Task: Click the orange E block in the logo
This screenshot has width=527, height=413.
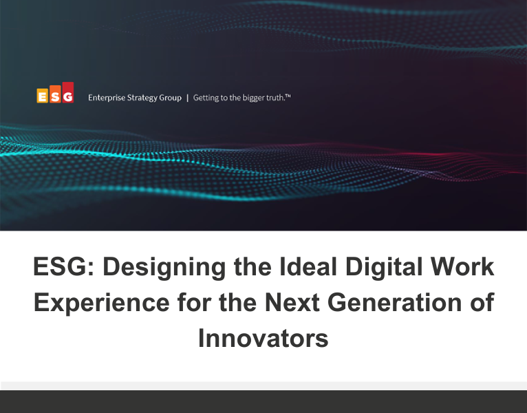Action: [x=43, y=96]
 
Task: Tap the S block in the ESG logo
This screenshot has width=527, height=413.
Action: [x=54, y=97]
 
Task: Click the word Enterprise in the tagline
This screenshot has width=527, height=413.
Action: [x=106, y=98]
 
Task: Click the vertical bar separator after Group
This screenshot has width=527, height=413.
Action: [x=187, y=98]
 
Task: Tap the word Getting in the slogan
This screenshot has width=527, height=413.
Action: [x=206, y=98]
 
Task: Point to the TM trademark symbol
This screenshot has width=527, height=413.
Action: [x=288, y=96]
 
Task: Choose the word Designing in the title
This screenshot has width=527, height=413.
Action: [x=162, y=266]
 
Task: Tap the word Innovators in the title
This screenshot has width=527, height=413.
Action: [x=263, y=338]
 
